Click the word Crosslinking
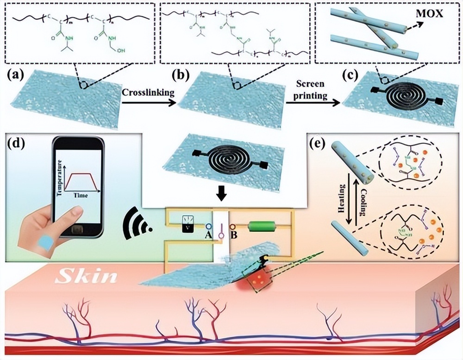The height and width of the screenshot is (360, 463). (148, 92)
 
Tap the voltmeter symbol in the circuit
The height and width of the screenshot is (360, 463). (187, 227)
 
